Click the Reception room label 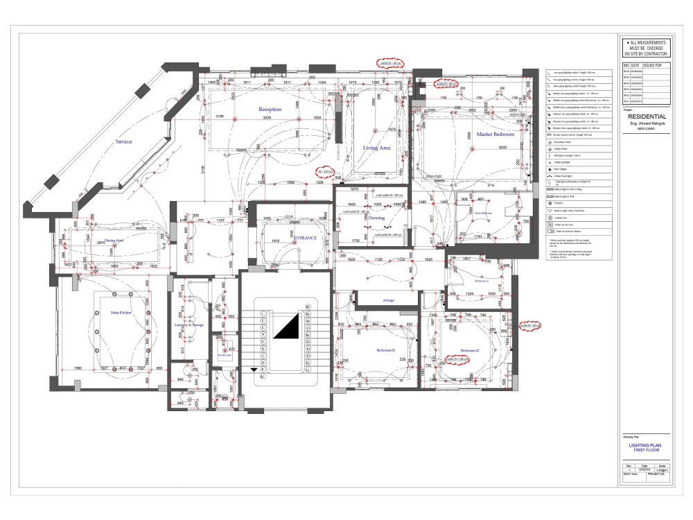(x=270, y=110)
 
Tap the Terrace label (x=123, y=141)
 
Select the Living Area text (x=377, y=148)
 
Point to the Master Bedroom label (x=494, y=134)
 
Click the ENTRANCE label (x=305, y=238)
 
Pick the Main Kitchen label (x=121, y=313)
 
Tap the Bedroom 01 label (x=385, y=350)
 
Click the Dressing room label (x=376, y=218)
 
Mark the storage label (x=389, y=300)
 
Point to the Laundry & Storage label (x=188, y=324)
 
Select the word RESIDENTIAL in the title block (x=647, y=117)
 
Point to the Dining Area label (x=109, y=241)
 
